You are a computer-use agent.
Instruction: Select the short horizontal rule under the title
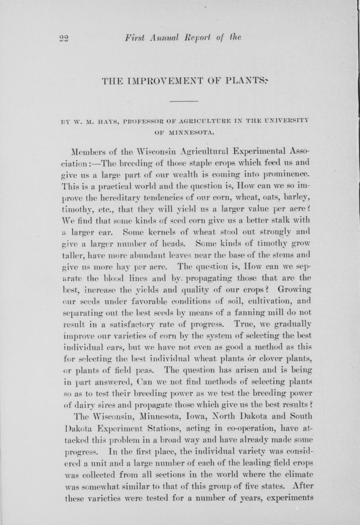point(183,101)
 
